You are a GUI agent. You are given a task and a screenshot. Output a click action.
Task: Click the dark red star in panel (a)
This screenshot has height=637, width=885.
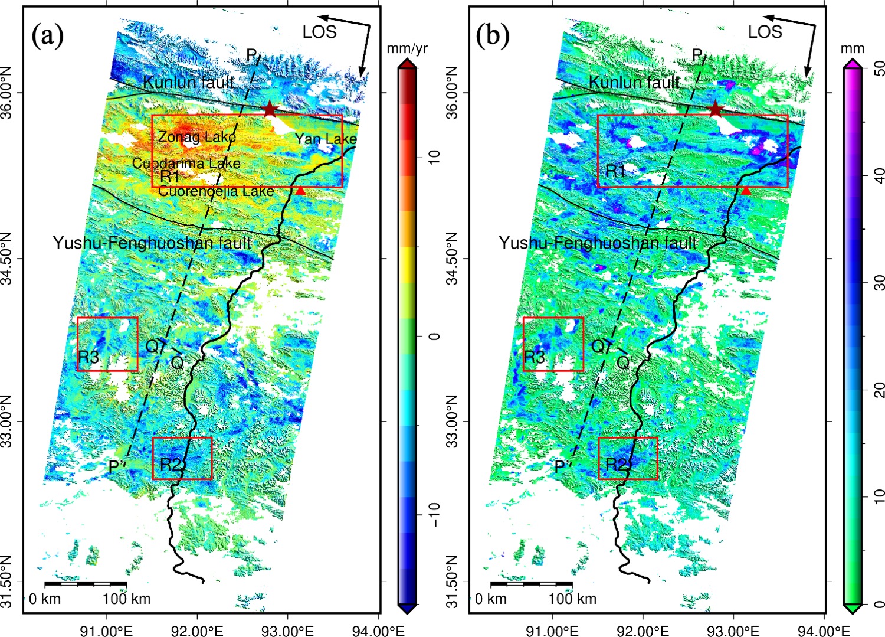tap(270, 109)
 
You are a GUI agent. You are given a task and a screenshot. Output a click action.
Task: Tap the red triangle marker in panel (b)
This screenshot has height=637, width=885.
tap(746, 191)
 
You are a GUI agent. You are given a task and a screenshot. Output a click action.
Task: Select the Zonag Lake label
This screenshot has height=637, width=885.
tap(196, 137)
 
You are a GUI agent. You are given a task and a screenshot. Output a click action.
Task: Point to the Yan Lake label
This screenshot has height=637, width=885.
tap(326, 139)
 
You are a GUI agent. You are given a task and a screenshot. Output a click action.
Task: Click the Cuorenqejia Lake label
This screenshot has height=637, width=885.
tap(216, 191)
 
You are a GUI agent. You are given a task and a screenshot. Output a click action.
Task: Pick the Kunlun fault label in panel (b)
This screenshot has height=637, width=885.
tap(634, 82)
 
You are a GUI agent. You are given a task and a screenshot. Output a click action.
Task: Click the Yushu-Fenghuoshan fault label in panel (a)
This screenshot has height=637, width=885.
tap(152, 243)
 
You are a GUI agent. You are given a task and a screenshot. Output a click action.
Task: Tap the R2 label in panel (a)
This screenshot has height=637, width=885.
tap(170, 465)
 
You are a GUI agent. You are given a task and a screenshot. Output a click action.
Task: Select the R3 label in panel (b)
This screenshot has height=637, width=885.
tap(535, 357)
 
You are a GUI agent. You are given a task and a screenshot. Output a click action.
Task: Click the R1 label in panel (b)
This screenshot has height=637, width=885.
tap(615, 171)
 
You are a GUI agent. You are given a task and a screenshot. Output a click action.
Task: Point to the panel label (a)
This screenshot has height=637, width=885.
tap(47, 36)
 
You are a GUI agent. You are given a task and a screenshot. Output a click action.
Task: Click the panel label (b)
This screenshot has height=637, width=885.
tap(493, 36)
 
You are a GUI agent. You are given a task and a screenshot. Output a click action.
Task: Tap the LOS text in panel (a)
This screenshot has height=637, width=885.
tap(319, 32)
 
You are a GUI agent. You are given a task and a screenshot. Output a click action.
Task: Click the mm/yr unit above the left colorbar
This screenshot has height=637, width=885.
tap(407, 48)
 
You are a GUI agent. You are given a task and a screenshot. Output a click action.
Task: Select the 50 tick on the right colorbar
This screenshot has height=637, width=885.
tap(879, 69)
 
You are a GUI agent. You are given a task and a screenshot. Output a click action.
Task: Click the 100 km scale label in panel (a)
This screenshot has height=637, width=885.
tap(126, 599)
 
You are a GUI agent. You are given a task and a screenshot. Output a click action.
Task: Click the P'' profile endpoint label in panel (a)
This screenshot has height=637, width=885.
tap(117, 466)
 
